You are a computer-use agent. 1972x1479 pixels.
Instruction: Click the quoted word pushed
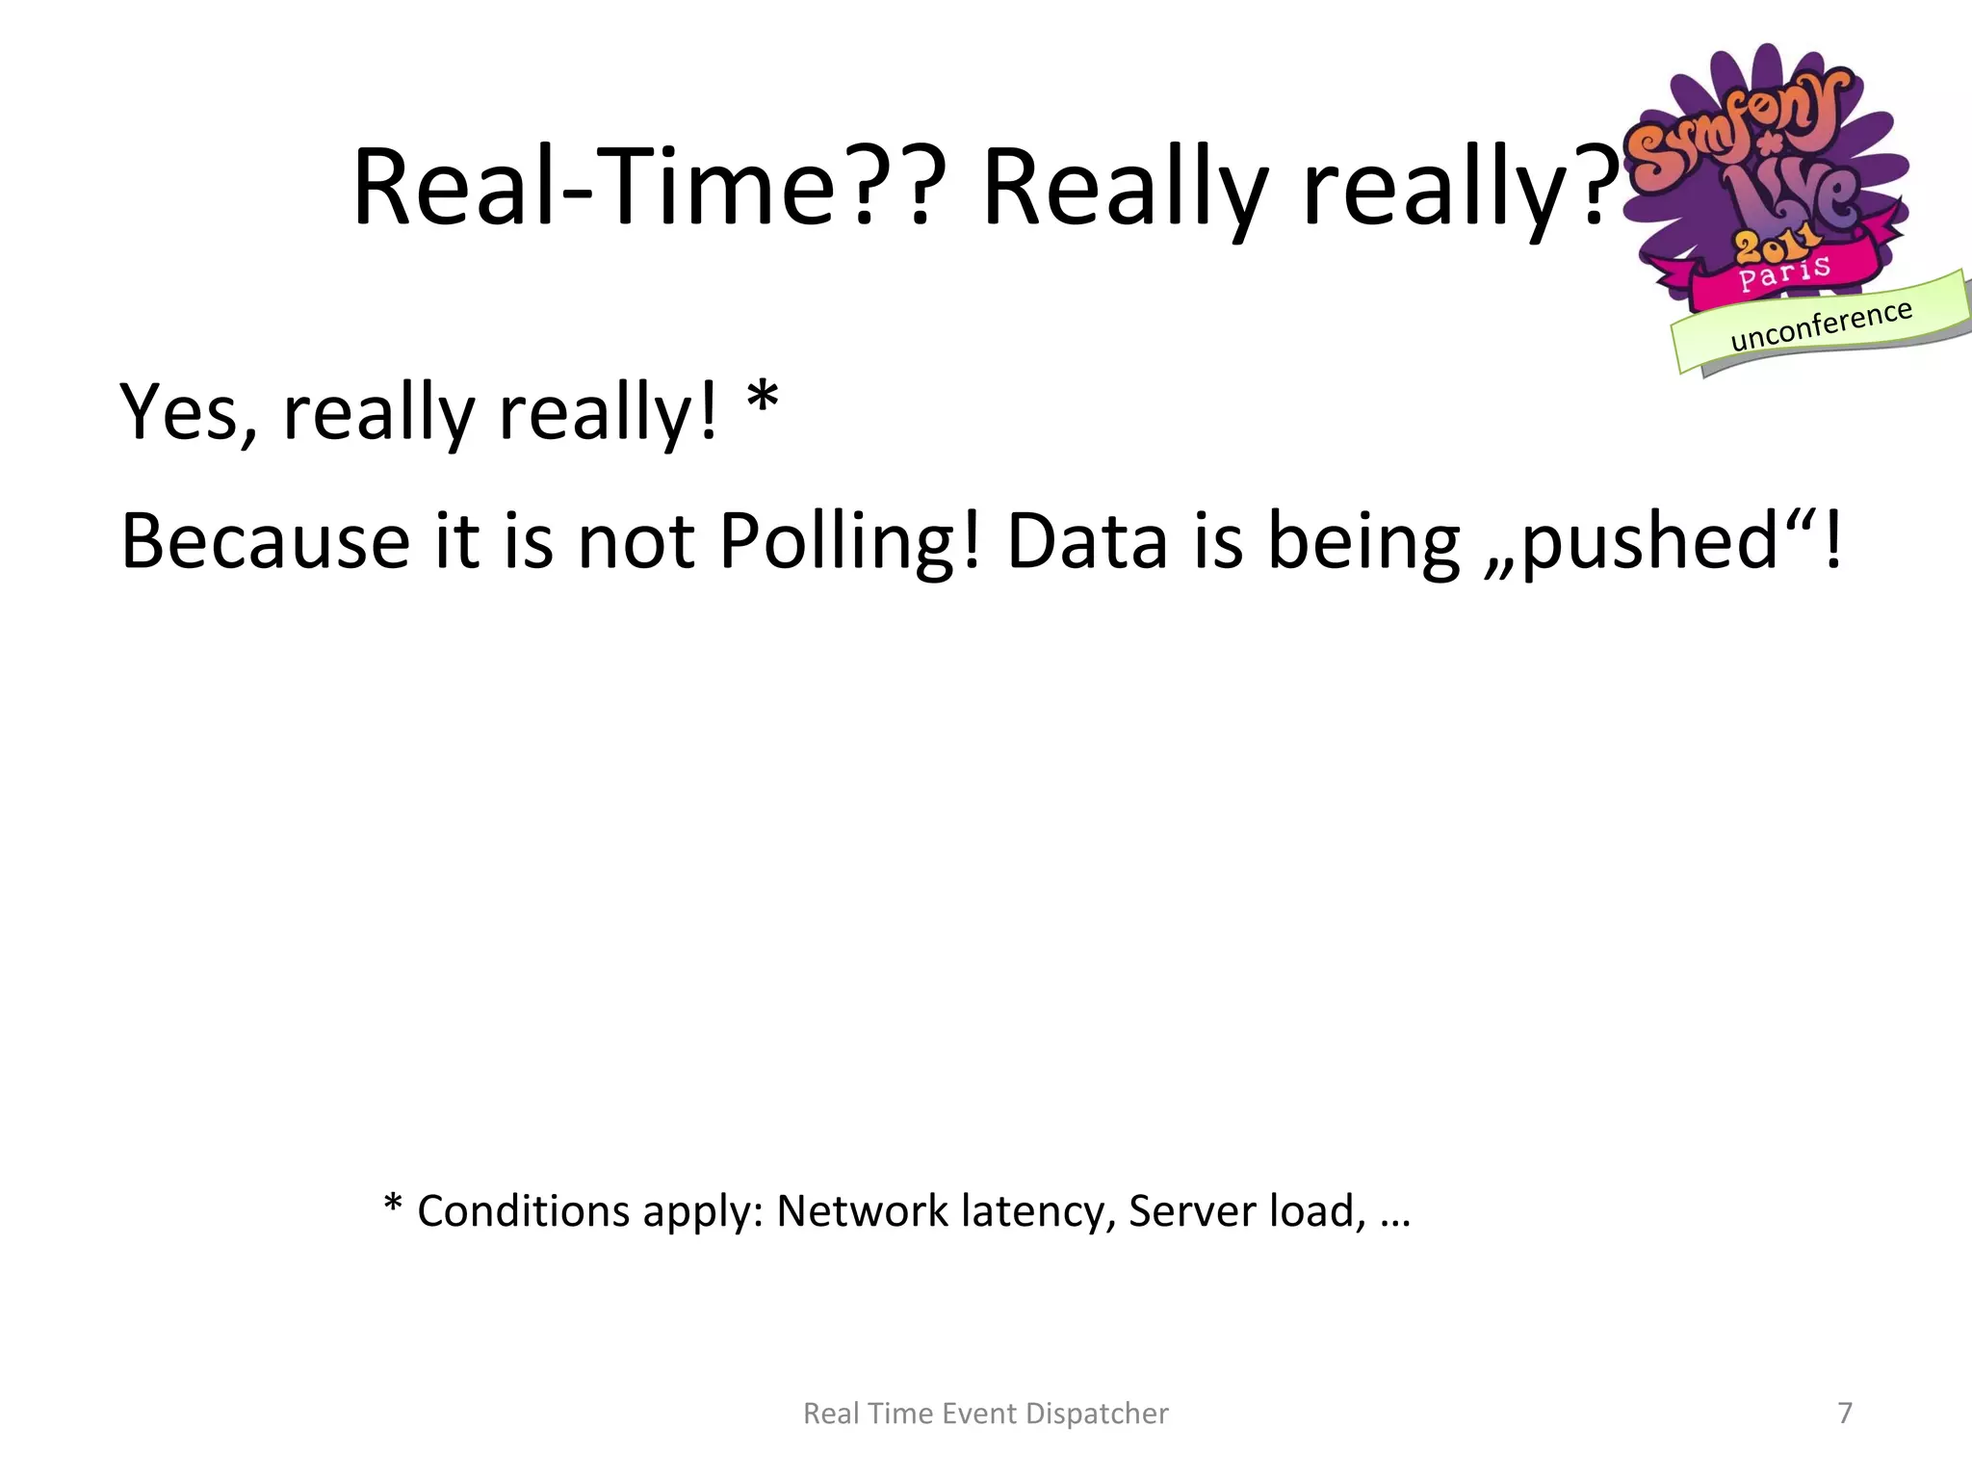(x=1649, y=541)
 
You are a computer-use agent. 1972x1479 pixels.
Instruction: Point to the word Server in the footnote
(x=1192, y=1211)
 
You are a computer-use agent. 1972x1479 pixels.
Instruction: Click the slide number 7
(x=1845, y=1413)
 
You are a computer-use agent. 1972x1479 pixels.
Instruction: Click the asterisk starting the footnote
(x=393, y=1204)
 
